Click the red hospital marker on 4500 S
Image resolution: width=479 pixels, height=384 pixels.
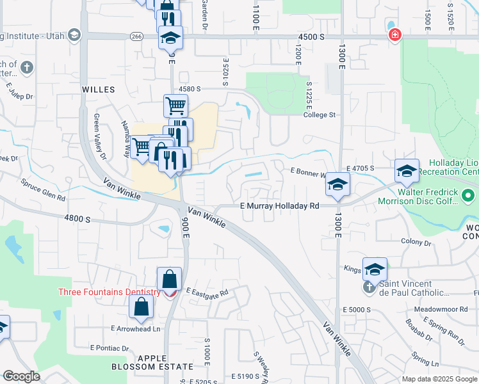coord(395,35)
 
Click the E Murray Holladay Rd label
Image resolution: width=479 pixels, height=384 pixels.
coord(279,206)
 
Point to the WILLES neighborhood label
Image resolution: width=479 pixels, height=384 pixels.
coord(98,90)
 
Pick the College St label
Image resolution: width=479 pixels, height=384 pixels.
coord(320,115)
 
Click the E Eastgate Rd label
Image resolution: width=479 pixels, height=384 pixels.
coord(207,292)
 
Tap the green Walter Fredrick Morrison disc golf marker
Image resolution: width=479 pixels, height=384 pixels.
coord(469,195)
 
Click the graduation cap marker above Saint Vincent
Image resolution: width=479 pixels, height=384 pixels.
coord(375,269)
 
